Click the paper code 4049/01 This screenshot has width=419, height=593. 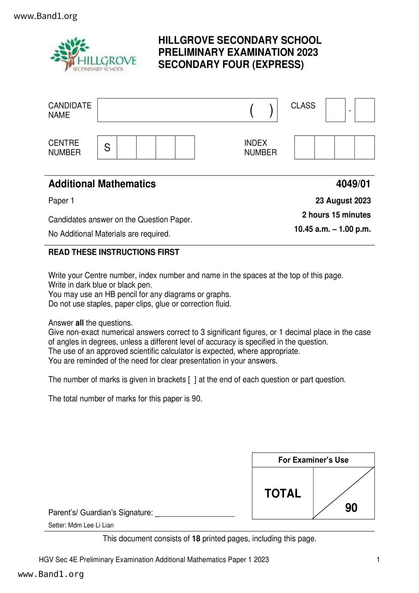click(353, 184)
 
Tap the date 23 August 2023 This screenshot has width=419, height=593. click(343, 201)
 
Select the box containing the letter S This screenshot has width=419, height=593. click(107, 147)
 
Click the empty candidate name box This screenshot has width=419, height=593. click(172, 110)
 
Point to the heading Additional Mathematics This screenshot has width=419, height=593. click(102, 184)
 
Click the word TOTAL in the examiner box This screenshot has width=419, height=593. click(282, 494)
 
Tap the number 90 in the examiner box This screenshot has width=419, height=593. click(351, 508)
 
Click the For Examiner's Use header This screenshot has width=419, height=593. click(313, 460)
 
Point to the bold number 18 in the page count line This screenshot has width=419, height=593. click(196, 539)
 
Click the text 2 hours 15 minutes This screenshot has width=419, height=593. click(336, 215)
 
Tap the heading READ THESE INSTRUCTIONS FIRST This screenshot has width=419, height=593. click(114, 252)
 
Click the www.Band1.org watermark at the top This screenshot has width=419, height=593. click(46, 16)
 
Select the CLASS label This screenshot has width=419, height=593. click(303, 106)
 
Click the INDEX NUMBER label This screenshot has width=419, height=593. click(261, 148)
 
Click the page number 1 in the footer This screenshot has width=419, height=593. click(378, 560)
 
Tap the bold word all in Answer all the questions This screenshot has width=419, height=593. click(79, 323)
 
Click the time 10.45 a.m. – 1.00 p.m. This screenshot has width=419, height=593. click(332, 229)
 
